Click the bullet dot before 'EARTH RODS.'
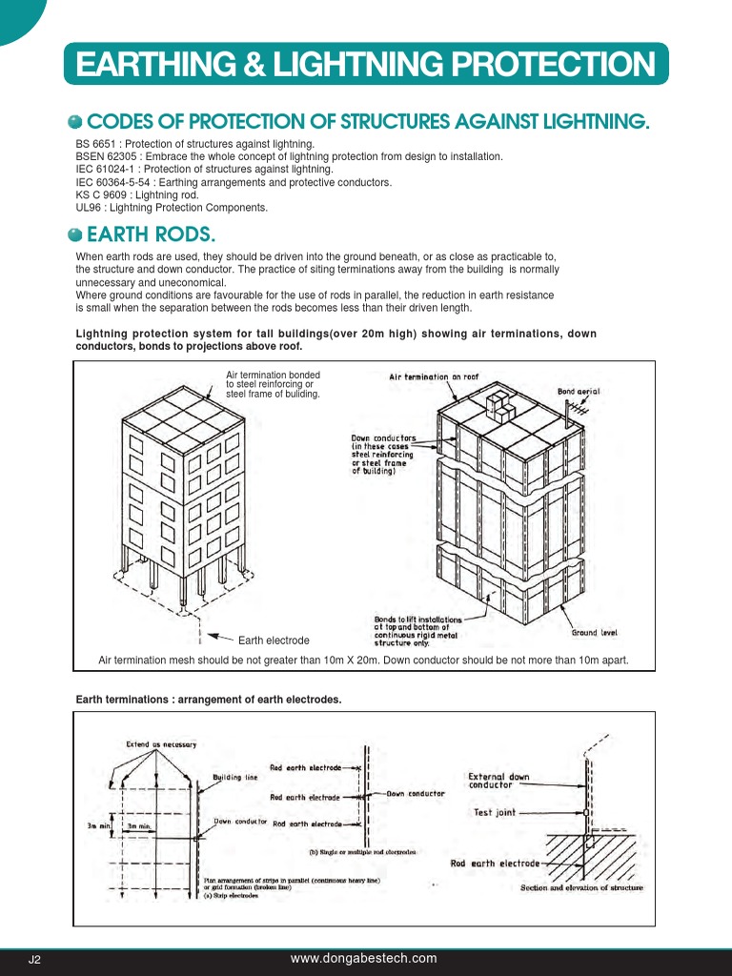tap(75, 235)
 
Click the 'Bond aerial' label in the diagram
tap(579, 392)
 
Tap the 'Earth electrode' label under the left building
tap(274, 640)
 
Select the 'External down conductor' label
tap(498, 781)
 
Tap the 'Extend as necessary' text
tap(161, 743)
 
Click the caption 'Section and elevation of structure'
tap(581, 888)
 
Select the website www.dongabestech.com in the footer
tap(363, 958)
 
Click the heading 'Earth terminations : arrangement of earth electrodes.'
tap(209, 700)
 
